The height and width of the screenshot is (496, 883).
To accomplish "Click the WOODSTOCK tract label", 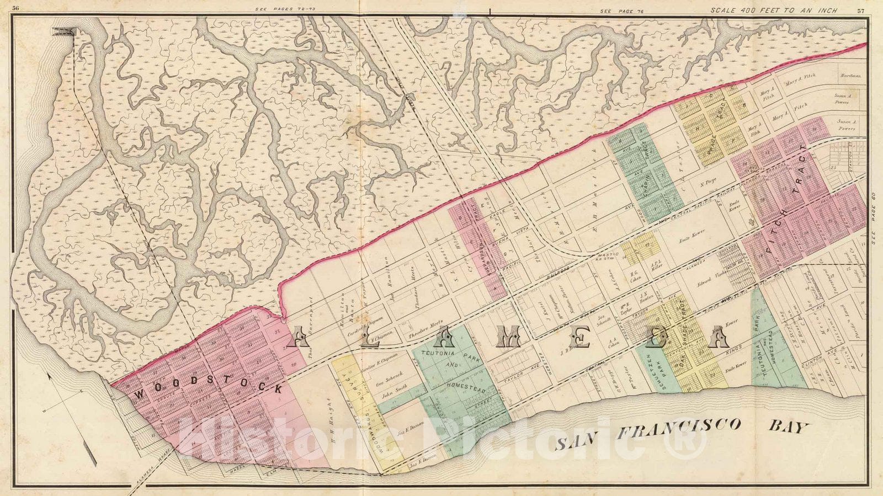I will click(x=208, y=390).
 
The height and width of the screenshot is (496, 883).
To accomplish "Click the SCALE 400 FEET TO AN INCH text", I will click(x=773, y=10).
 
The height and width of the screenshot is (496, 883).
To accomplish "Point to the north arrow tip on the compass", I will click(x=49, y=375).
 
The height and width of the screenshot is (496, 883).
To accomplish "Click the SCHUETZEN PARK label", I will click(x=659, y=359).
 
